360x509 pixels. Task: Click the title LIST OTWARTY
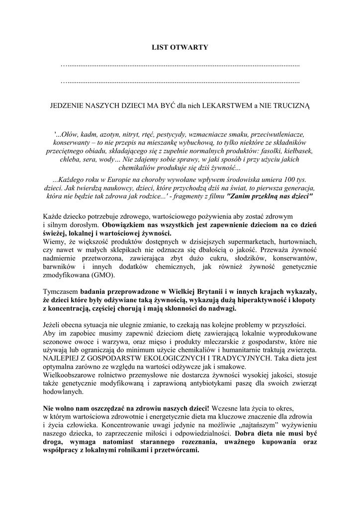[x=180, y=47]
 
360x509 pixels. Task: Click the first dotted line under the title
[x=180, y=65]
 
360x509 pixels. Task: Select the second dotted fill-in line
[x=180, y=81]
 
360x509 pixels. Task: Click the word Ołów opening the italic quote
[x=67, y=135]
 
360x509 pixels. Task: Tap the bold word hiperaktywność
[x=256, y=300]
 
